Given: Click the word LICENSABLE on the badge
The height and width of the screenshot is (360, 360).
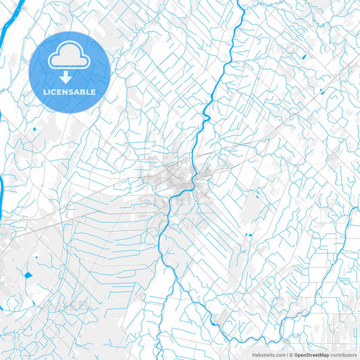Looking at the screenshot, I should pos(70,92).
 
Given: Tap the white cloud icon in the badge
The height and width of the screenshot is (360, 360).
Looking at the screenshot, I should pos(70,57).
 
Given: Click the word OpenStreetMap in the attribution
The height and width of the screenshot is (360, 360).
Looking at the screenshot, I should pos(311,355).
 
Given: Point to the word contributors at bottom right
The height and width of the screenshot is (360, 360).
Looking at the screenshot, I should pos(344,355).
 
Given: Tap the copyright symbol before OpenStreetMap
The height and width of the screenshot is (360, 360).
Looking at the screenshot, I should pos(290,355).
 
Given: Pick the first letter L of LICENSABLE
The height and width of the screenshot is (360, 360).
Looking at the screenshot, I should pos(45,92).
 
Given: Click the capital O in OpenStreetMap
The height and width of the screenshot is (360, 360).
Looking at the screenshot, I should pos(296,355).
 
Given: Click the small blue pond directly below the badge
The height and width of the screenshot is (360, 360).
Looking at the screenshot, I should pos(34,128).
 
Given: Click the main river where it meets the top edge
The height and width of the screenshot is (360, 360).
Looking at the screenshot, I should pos(240,3).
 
